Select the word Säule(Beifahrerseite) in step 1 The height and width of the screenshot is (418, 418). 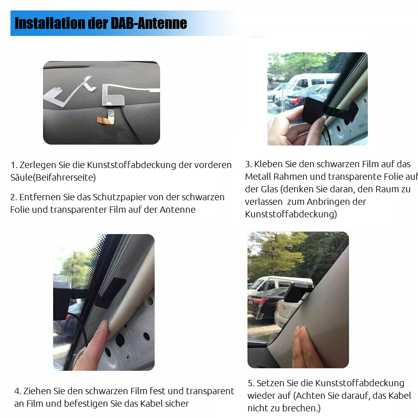tap(53, 177)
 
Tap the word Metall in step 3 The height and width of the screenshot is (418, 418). tap(258, 176)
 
